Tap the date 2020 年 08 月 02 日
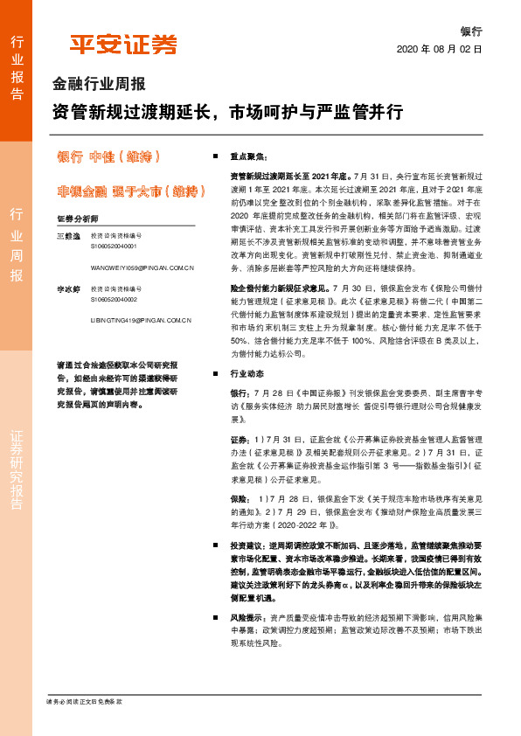pyautogui.click(x=440, y=50)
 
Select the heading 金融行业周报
pyautogui.click(x=99, y=86)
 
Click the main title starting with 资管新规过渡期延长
pyautogui.click(x=227, y=113)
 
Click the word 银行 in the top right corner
pyautogui.click(x=471, y=30)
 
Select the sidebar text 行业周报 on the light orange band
pyautogui.click(x=17, y=246)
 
